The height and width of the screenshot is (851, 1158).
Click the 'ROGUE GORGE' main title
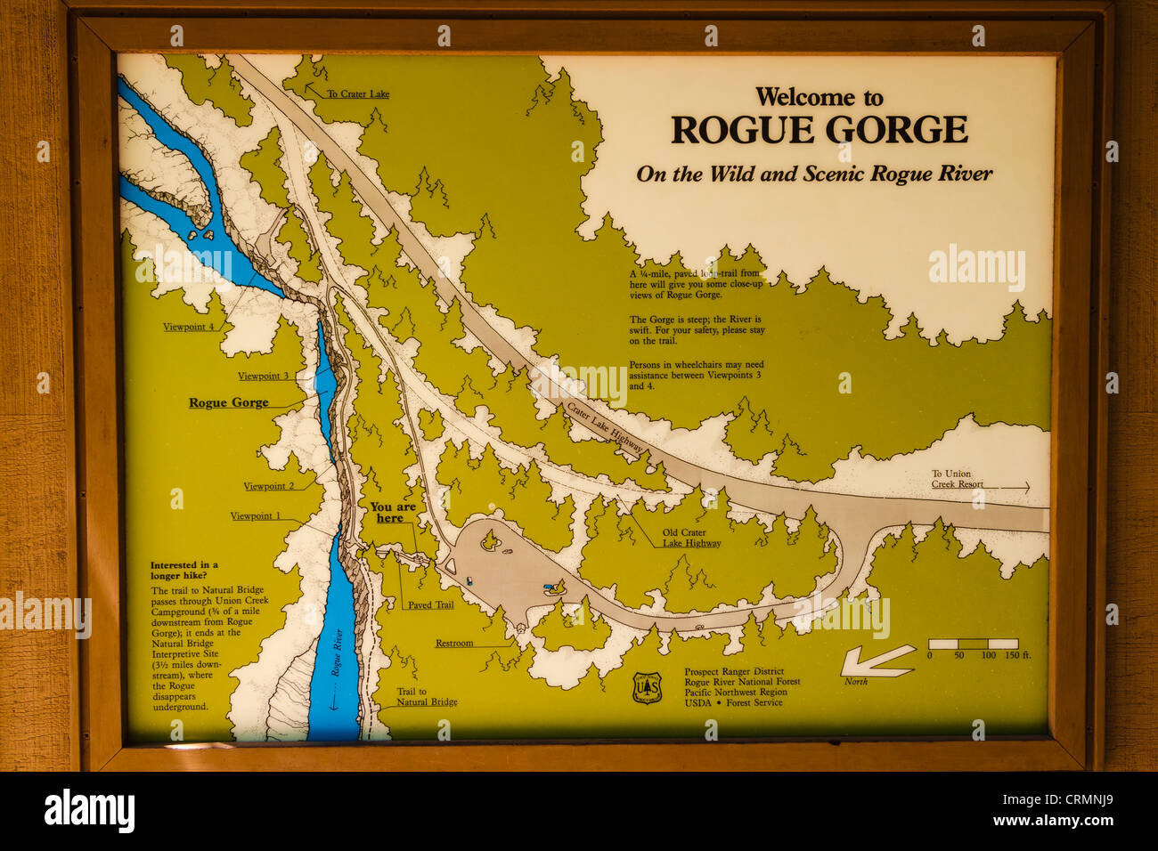pos(819,130)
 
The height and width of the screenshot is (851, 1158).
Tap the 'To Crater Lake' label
pos(357,93)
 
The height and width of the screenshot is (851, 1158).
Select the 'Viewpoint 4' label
pos(188,327)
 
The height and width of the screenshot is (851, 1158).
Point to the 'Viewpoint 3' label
pos(263,376)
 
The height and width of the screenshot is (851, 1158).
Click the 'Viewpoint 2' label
pos(268,486)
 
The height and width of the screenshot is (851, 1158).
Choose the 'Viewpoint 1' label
pos(255,515)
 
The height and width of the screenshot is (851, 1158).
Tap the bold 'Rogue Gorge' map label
pos(228,402)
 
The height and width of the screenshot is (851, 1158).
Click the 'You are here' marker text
pos(392,512)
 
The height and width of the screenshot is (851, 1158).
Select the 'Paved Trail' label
pos(430,604)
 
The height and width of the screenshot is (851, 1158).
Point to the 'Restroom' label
pos(454,643)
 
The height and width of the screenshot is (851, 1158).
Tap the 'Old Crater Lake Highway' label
pos(691,538)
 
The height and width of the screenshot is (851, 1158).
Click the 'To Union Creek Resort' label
pos(958,479)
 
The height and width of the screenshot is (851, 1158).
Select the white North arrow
pos(877,661)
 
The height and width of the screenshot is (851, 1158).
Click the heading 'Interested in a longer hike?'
pos(184,570)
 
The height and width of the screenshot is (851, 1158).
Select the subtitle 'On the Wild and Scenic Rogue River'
pos(813,174)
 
